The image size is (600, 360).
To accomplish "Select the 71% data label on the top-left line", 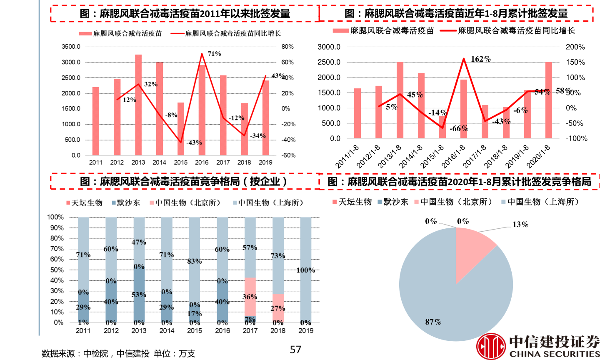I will (214, 54).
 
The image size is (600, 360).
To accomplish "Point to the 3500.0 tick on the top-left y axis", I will (71, 47).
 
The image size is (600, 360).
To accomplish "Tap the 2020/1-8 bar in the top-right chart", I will (549, 100).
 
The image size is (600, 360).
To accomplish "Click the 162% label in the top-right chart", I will (480, 59).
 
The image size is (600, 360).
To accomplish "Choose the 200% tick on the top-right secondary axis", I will (575, 47).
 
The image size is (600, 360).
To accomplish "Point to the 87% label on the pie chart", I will (433, 322).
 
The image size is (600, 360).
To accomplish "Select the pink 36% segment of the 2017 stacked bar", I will (250, 296).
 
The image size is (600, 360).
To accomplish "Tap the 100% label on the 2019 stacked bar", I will (305, 270).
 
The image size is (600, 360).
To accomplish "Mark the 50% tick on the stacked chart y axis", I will (55, 270).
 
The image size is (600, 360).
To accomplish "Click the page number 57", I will (295, 350).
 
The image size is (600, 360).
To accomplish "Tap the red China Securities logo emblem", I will (491, 346).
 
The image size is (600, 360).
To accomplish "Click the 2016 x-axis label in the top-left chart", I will (202, 162).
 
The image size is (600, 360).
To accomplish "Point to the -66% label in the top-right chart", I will (458, 128).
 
